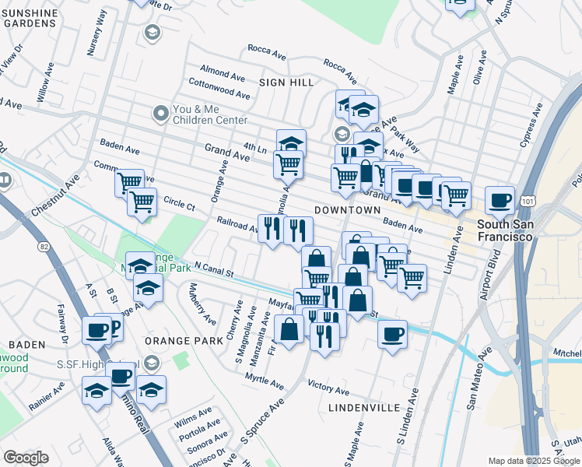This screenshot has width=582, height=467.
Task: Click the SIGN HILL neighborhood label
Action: tap(286, 82)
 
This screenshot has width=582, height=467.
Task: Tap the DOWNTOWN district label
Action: tap(347, 210)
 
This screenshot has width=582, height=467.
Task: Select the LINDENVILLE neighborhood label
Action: tap(364, 407)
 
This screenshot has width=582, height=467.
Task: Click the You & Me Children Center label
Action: tap(209, 114)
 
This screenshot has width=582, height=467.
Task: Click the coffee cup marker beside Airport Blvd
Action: tap(499, 201)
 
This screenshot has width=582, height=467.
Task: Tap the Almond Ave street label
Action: tap(223, 73)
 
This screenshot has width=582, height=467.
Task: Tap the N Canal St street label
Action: tap(214, 269)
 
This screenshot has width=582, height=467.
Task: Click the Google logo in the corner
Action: tap(26, 458)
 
